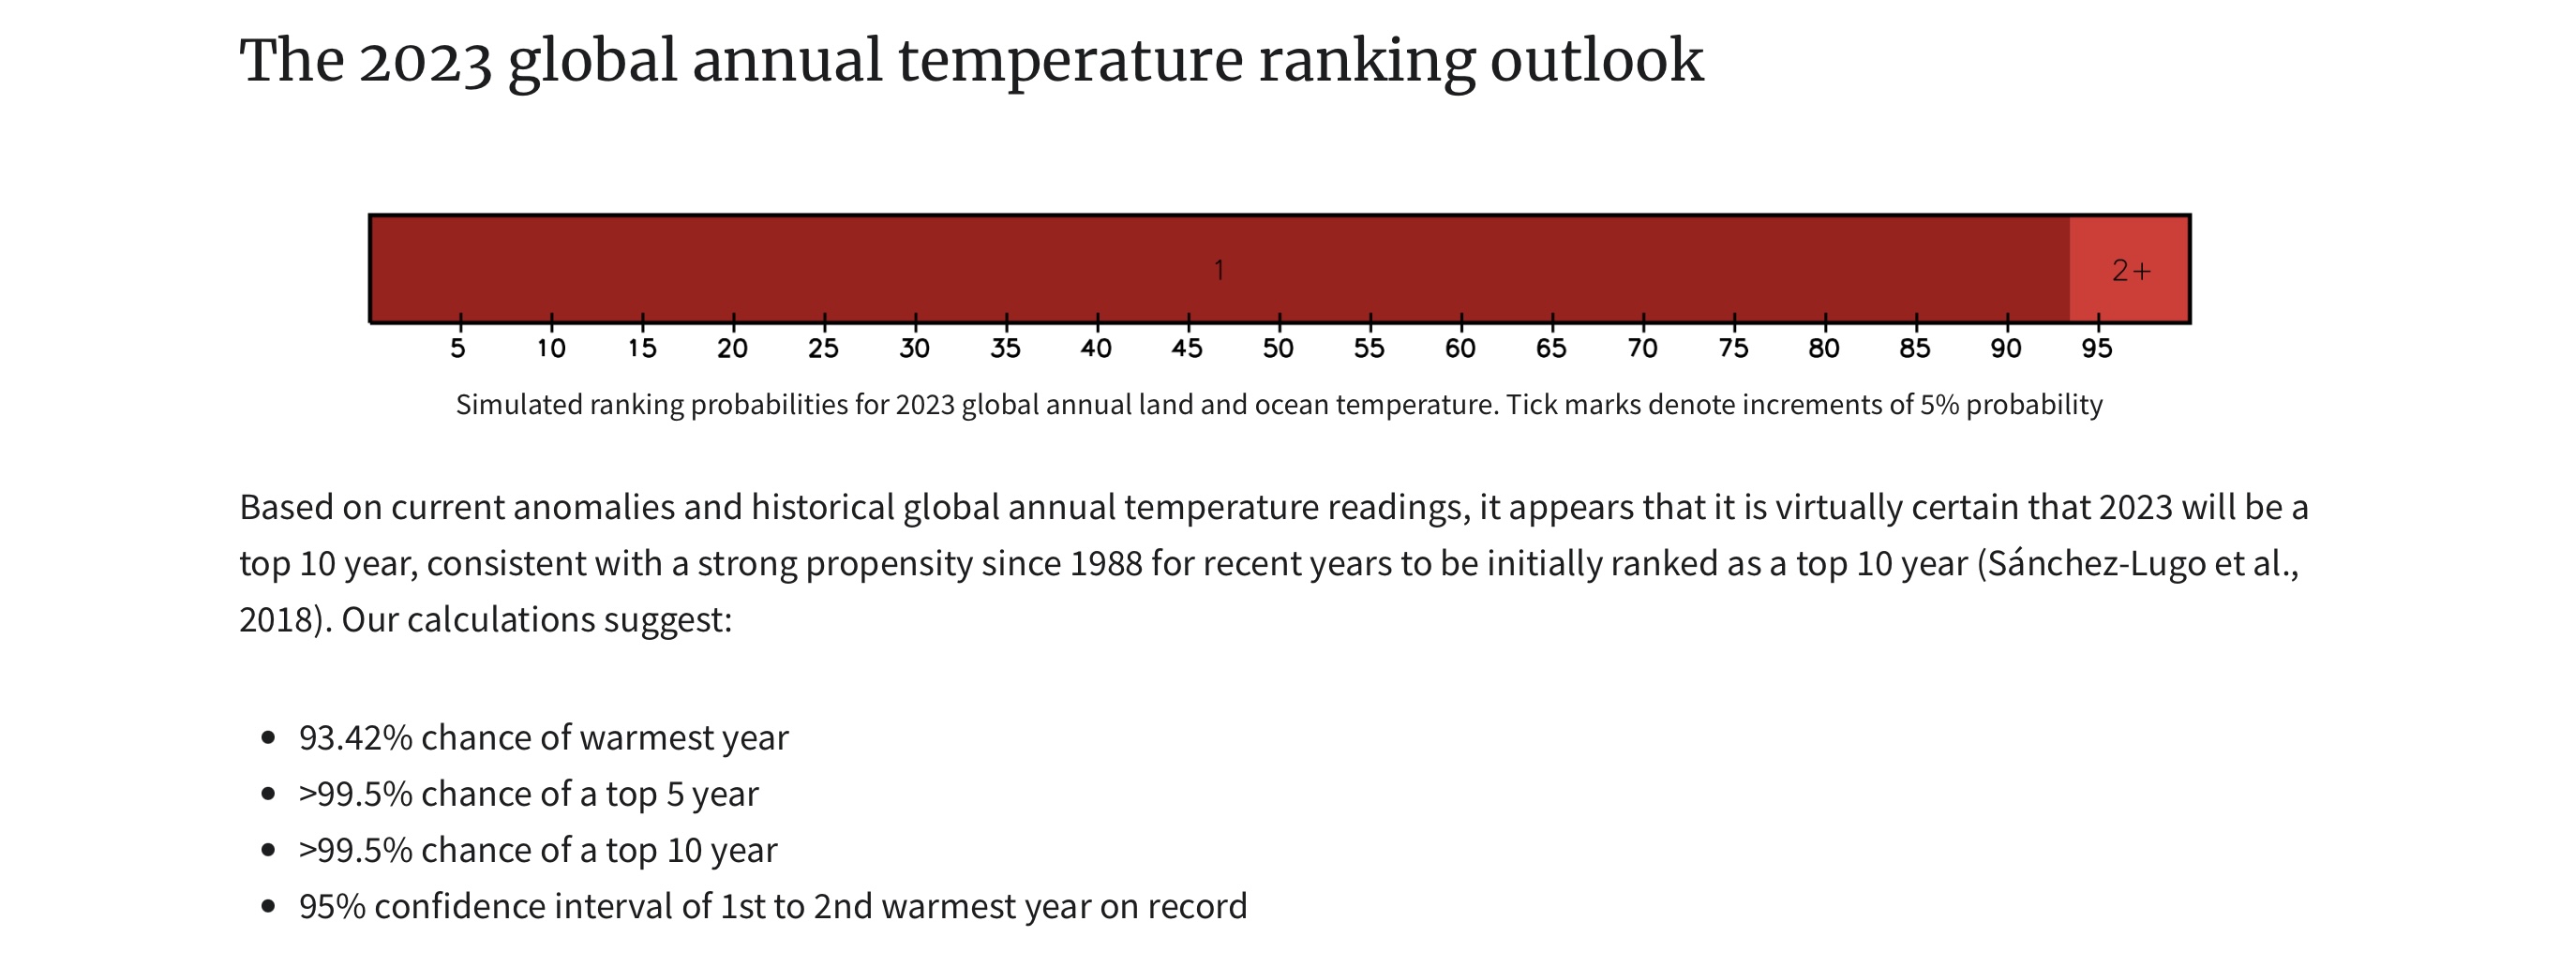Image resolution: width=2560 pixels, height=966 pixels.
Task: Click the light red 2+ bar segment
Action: (2129, 269)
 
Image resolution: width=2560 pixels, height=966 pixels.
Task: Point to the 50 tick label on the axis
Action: (1278, 349)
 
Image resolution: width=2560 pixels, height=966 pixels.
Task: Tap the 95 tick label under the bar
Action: (2097, 349)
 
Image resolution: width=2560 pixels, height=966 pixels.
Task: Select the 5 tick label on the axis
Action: (457, 349)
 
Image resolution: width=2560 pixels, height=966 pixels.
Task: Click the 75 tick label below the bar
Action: (1733, 349)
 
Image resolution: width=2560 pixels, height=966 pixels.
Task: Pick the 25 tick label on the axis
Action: (823, 349)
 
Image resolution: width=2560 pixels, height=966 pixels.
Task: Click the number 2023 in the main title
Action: (426, 62)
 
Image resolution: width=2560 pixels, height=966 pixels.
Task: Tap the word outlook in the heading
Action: (1596, 62)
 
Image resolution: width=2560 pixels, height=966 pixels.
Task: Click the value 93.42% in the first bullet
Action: (354, 738)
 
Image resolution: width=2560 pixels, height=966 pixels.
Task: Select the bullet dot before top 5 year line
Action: (267, 794)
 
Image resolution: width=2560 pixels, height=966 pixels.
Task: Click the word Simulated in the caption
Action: (518, 406)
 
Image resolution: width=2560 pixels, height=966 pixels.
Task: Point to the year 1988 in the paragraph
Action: (1105, 564)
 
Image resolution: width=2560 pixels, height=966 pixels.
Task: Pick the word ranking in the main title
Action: (1367, 62)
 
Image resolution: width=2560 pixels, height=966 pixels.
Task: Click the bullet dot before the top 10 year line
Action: (267, 851)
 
